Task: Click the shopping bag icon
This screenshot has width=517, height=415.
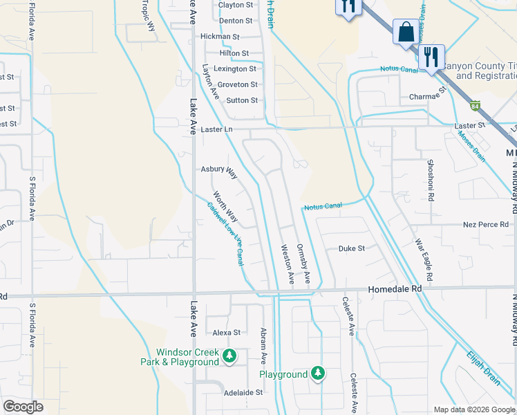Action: (405, 31)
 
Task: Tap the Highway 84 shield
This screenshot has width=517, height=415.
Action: (474, 107)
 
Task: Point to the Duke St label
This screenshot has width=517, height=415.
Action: (350, 248)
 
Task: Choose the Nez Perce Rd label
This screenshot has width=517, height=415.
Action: (485, 225)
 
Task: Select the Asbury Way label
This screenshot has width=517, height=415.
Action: (218, 169)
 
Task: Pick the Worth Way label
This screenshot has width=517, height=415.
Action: (225, 207)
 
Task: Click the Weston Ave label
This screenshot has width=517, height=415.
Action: (287, 264)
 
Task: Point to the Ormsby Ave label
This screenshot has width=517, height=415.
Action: (303, 263)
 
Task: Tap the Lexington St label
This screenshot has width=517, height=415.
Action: (235, 69)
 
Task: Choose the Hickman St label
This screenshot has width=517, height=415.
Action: (220, 37)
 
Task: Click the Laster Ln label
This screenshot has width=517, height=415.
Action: (217, 129)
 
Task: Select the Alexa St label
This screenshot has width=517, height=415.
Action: (226, 333)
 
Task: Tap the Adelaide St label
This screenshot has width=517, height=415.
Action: (243, 392)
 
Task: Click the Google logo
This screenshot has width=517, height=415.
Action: (23, 407)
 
